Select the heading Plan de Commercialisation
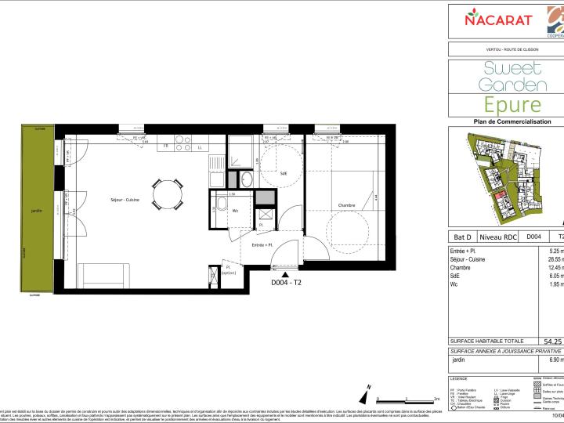click(x=506, y=121)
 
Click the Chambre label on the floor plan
click(x=346, y=206)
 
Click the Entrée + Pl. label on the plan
click(x=262, y=245)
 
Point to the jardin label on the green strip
click(x=36, y=210)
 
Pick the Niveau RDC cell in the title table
click(x=499, y=235)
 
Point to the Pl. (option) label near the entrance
click(x=229, y=269)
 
